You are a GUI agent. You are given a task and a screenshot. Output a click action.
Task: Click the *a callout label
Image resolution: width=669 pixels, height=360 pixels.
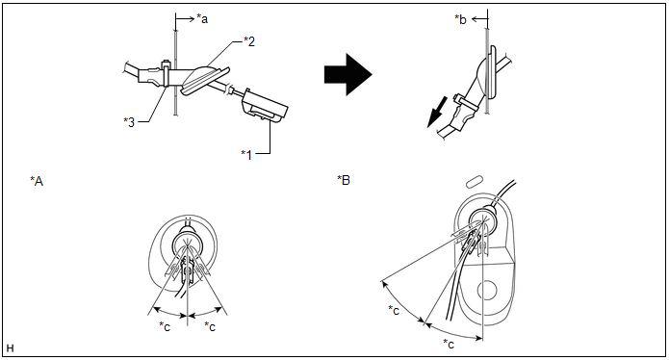pos(202,18)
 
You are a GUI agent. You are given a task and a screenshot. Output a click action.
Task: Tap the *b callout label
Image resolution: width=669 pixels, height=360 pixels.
pos(460,19)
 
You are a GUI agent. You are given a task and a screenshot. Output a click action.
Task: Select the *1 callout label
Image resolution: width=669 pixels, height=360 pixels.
pos(246,154)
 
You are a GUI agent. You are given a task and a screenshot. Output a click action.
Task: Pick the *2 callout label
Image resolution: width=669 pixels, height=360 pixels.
pos(248,41)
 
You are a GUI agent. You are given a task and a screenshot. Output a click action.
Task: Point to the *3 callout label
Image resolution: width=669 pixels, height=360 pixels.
pos(129,122)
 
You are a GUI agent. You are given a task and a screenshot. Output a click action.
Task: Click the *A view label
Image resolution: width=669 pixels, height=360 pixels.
pos(37,181)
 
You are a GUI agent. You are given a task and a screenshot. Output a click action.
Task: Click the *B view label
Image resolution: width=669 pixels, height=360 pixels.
pos(344,180)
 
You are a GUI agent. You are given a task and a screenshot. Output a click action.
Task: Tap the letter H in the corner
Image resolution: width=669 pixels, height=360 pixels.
pos(11,348)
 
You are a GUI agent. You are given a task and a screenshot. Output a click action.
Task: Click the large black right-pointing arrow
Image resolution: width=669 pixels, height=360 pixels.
pos(347,75)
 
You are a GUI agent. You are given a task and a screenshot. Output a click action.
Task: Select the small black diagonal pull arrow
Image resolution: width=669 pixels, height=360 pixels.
pos(437,112)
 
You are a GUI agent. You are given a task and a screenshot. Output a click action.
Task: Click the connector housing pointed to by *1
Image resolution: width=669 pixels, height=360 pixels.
pos(265,108)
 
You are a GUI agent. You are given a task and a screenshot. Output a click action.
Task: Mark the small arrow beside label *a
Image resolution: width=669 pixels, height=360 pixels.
pos(185,18)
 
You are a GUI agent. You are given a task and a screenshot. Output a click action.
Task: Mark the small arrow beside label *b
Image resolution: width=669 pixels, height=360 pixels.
pos(479,19)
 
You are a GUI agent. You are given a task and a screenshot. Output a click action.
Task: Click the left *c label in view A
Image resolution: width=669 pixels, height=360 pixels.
pos(165,326)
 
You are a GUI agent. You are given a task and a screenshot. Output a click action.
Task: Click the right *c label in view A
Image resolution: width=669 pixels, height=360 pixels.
pos(210,326)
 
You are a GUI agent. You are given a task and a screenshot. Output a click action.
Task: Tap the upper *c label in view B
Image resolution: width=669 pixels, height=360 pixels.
pos(394,310)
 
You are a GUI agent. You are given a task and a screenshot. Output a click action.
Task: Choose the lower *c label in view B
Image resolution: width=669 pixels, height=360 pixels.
pos(449,344)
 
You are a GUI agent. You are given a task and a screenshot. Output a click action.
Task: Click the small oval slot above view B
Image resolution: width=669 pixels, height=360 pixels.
pos(474,181)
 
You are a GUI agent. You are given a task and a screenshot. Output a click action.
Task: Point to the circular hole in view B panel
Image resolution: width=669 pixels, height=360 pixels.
pos(487,291)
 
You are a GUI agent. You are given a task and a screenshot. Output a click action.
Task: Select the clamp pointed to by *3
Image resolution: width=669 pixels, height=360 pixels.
pos(166,74)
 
